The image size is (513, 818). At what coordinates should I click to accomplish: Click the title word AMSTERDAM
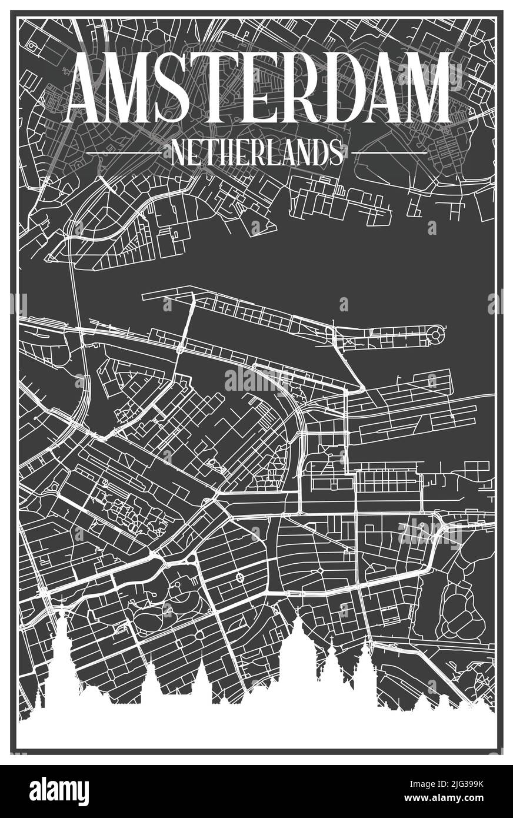point(259,88)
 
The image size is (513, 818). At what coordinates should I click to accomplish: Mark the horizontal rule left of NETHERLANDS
point(124,153)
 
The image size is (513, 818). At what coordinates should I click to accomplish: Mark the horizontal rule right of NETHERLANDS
point(389,153)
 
